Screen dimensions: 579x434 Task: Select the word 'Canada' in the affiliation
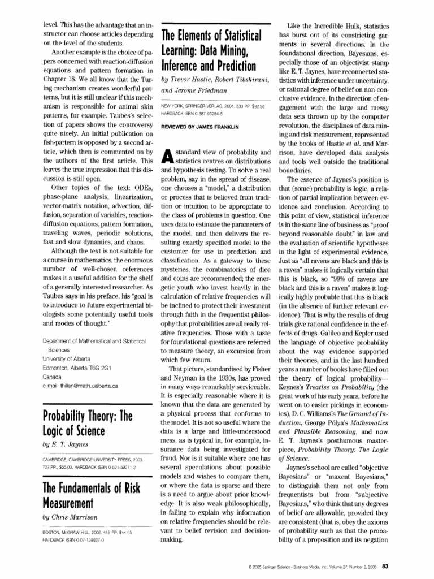coord(53,377)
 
